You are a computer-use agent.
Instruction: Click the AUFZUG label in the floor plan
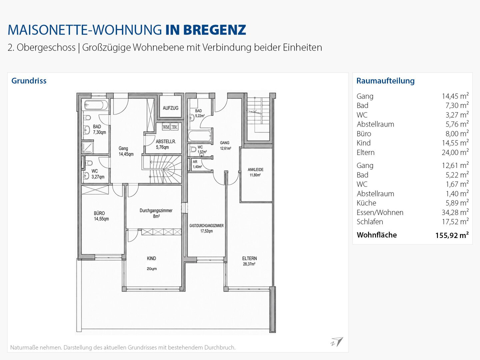[170, 108]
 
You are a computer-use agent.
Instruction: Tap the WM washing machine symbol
[166, 127]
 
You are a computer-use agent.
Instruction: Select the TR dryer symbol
[174, 127]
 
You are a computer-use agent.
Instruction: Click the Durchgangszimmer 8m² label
[156, 213]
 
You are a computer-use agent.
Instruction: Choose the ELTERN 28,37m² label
[249, 261]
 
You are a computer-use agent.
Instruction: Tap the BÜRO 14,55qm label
[101, 216]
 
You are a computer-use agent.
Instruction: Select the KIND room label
[151, 258]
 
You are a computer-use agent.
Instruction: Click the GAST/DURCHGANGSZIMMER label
[206, 226]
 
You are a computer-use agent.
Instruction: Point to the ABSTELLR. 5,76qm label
[166, 144]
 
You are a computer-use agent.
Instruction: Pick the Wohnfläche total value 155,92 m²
[452, 235]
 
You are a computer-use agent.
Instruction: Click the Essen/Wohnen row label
[380, 212]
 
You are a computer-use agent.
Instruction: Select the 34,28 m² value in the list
[455, 212]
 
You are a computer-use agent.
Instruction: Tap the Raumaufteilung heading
[386, 81]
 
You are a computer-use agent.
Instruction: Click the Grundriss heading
[29, 81]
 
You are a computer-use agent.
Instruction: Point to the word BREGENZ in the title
[215, 30]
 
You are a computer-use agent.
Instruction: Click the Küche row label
[366, 203]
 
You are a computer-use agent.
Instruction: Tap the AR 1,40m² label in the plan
[197, 164]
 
